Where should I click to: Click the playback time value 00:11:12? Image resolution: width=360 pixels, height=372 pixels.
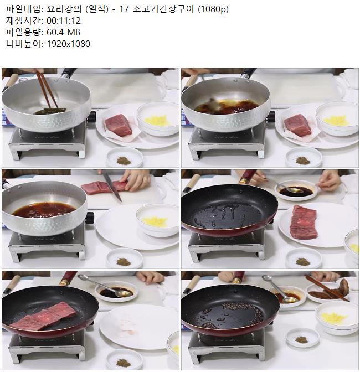(x=64, y=20)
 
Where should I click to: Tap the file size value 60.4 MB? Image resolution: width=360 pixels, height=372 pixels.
(x=63, y=32)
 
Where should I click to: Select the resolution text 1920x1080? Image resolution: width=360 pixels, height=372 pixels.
(x=68, y=44)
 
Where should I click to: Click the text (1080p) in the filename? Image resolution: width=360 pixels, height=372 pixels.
(x=213, y=9)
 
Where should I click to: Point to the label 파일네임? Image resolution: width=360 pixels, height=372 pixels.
(x=23, y=9)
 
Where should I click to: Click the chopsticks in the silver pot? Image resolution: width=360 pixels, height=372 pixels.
(x=47, y=90)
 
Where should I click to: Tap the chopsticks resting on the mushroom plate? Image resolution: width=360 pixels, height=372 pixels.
(x=327, y=288)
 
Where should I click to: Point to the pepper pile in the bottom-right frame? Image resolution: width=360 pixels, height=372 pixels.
(x=302, y=339)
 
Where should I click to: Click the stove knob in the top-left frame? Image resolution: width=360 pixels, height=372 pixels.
(x=91, y=116)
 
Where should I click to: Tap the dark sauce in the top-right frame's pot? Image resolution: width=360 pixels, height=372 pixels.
(x=227, y=106)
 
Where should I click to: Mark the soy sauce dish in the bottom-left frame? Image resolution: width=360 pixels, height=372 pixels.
(x=116, y=292)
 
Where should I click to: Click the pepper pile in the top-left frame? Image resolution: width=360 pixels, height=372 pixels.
(x=124, y=161)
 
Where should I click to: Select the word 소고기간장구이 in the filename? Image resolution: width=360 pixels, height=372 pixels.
(x=163, y=9)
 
